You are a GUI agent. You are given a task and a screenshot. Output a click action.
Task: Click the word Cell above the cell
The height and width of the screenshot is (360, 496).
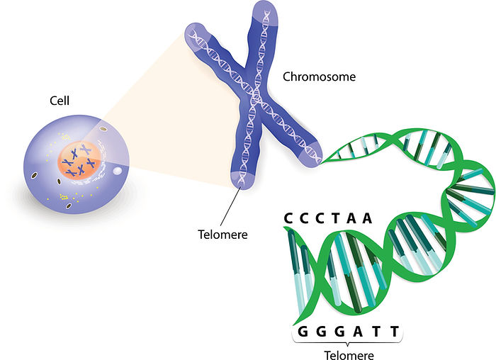tap(60, 101)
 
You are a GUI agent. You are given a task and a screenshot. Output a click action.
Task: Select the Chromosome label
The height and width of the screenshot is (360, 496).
tap(319, 77)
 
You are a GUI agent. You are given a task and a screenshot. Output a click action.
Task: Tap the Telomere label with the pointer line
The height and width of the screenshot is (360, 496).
tap(222, 235)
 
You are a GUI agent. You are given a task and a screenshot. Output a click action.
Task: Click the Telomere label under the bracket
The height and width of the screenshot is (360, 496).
tap(349, 355)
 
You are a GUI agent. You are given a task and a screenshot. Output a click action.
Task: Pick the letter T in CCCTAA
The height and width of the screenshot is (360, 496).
tap(336, 218)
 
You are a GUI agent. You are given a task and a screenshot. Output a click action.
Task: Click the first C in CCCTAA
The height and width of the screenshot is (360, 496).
tap(288, 218)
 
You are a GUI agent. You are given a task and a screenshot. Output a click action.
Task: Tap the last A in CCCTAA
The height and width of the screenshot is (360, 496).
tap(367, 218)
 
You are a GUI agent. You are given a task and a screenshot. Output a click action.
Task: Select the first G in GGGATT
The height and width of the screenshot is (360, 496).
tap(303, 332)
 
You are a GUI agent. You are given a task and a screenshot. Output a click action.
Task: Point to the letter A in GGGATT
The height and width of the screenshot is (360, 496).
tap(358, 332)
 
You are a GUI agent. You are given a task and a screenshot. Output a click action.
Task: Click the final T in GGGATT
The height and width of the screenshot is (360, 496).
tap(395, 332)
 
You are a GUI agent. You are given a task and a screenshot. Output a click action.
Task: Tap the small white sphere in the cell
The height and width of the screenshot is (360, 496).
tap(118, 171)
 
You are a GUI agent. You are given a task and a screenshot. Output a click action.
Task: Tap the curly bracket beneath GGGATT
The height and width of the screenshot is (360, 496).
tap(348, 341)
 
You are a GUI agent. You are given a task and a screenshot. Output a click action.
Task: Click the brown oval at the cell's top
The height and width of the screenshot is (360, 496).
tap(103, 129)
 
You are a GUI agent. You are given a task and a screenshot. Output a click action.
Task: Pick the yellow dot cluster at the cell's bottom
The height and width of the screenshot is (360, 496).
tap(64, 197)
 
